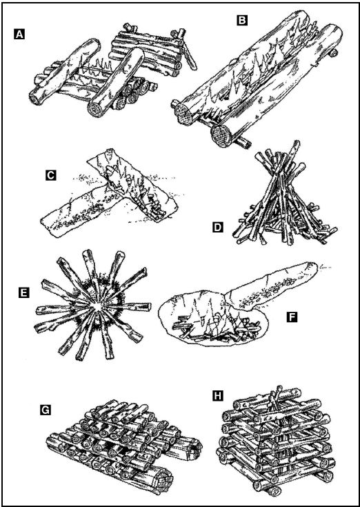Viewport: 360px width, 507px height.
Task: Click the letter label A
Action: pos(19,34)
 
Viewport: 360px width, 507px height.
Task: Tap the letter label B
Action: pos(242,21)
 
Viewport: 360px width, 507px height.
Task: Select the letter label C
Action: pos(51,176)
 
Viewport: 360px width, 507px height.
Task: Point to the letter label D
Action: pos(218,228)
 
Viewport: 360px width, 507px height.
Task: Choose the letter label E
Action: pos(24,293)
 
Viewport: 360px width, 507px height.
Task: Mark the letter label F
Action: pos(292,317)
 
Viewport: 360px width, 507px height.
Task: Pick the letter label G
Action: pos(46,410)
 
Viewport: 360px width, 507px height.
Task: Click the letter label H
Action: pos(218,396)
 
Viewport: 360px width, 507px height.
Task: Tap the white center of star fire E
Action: pos(96,306)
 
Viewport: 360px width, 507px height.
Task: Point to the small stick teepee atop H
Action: pos(274,399)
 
